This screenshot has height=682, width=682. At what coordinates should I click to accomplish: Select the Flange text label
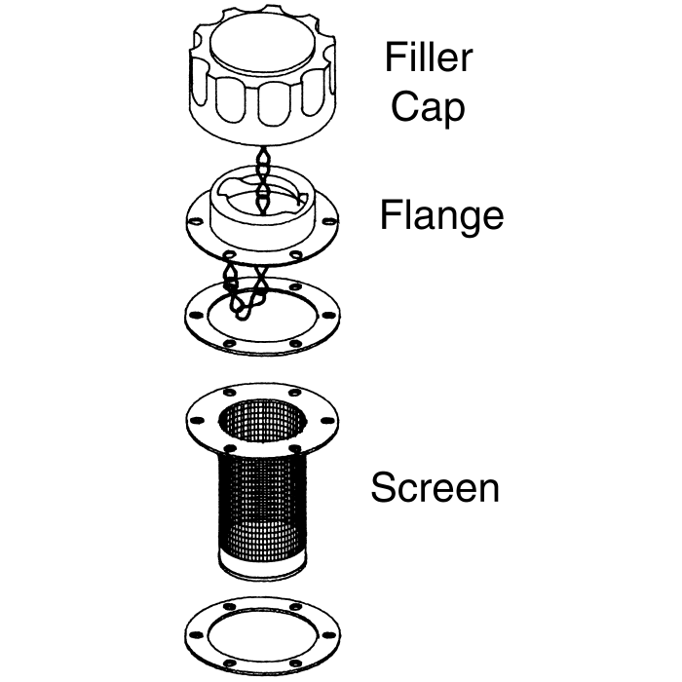point(441,214)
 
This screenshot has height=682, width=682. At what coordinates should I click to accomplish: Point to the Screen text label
point(435,486)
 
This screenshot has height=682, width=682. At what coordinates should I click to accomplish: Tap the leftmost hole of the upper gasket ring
point(194,316)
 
